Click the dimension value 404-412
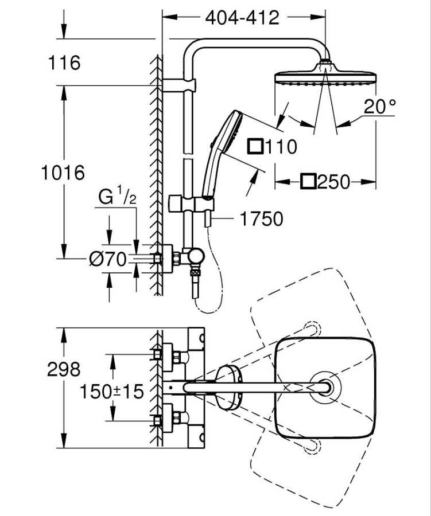click(x=242, y=18)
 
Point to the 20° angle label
click(x=379, y=107)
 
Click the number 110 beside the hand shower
click(x=281, y=146)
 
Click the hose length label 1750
click(x=262, y=218)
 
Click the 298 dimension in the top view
click(x=64, y=369)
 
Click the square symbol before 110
click(x=254, y=146)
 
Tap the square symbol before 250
click(x=309, y=182)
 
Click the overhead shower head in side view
click(x=325, y=77)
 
